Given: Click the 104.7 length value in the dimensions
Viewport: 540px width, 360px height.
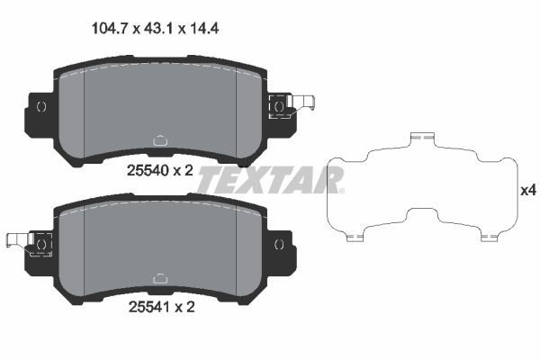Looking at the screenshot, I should tap(110, 28).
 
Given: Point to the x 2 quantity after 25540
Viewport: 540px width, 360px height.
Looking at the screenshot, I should tap(183, 168).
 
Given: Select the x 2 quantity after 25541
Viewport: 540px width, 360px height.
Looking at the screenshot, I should tap(183, 306).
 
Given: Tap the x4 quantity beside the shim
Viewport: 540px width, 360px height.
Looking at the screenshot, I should tap(528, 190).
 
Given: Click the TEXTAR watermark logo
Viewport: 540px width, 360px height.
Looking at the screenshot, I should tap(270, 180).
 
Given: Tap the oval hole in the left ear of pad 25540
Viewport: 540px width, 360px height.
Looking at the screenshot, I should tap(40, 107).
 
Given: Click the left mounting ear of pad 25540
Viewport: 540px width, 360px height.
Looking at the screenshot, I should tap(40, 112).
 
